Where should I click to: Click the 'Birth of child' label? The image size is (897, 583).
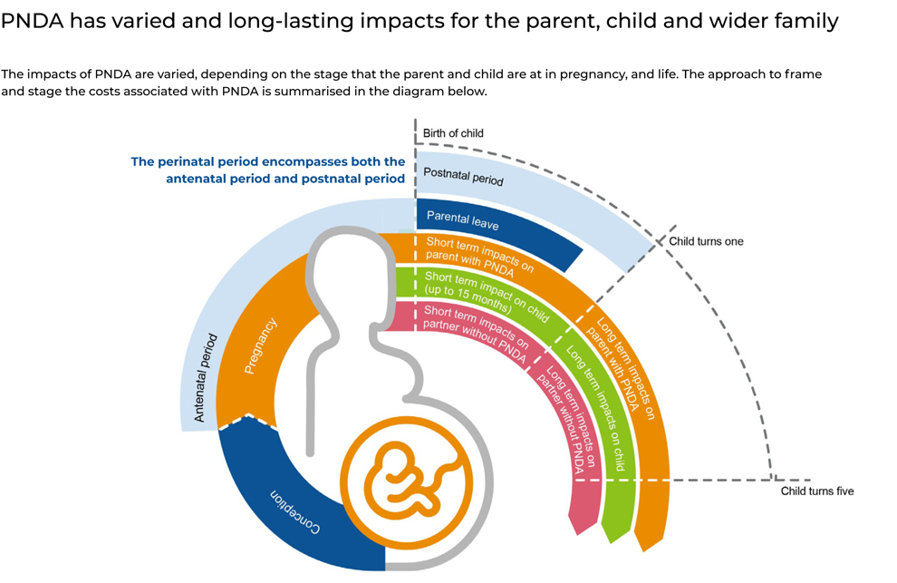click(x=453, y=134)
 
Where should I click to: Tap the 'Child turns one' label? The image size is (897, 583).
click(x=706, y=242)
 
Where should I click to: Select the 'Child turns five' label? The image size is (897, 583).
click(x=817, y=491)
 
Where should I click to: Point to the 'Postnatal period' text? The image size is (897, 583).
click(x=463, y=175)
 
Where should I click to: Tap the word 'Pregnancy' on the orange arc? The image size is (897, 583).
click(x=261, y=345)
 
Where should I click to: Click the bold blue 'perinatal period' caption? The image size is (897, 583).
click(x=268, y=170)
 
